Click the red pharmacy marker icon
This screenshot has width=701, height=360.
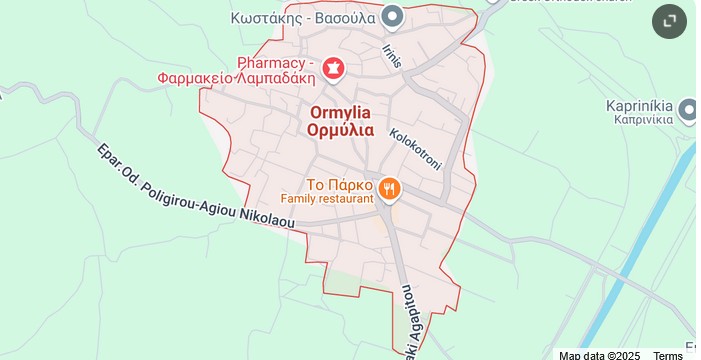[x=333, y=68]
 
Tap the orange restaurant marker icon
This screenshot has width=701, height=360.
[x=389, y=187]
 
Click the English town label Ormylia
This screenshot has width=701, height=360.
[x=340, y=113]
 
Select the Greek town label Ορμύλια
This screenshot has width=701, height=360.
[x=340, y=130]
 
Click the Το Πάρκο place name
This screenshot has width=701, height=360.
[x=340, y=185]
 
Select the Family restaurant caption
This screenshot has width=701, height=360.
[x=326, y=200]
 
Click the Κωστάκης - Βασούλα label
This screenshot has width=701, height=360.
[x=302, y=17]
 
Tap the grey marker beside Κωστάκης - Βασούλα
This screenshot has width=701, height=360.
[x=393, y=16]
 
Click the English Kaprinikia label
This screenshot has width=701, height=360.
[x=639, y=105]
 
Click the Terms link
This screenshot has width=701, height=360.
[x=668, y=355]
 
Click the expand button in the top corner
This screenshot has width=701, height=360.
[x=670, y=21]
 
